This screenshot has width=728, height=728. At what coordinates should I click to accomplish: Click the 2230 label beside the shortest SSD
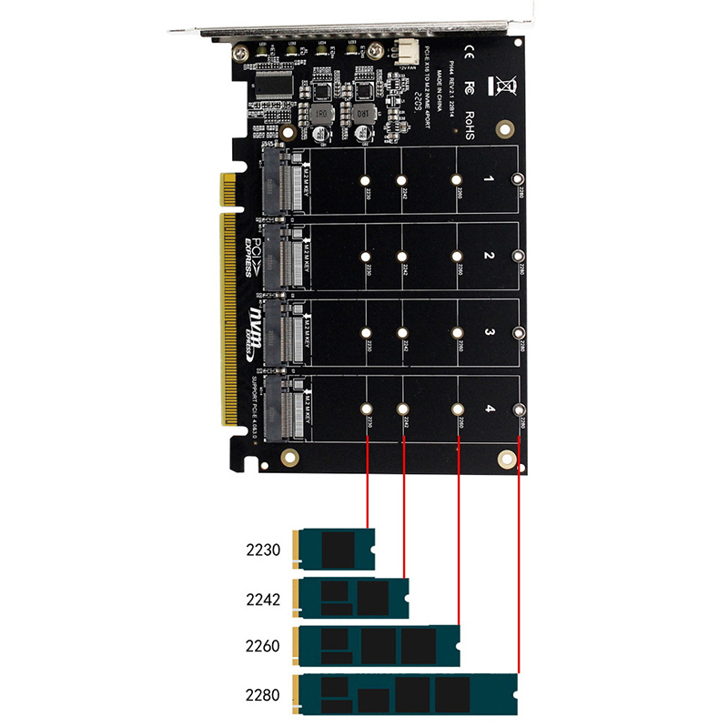[x=264, y=551]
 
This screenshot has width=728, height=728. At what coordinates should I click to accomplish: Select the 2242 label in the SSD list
[x=264, y=600]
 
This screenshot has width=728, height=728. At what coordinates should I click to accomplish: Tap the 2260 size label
[x=264, y=647]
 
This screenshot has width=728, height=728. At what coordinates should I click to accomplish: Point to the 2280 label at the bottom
[x=264, y=696]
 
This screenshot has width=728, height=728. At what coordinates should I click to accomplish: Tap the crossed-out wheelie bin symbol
[x=503, y=86]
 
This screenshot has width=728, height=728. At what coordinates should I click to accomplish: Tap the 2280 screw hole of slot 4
[x=520, y=410]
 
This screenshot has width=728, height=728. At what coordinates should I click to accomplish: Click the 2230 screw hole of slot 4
[x=368, y=410]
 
